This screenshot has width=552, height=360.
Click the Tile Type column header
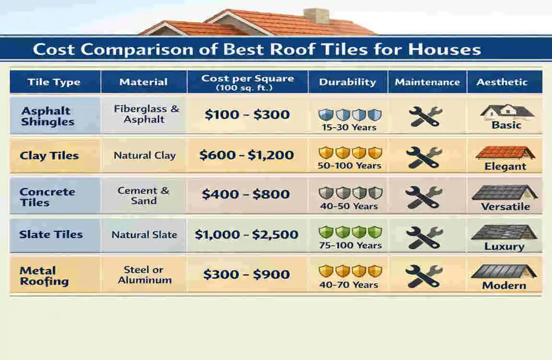(54, 82)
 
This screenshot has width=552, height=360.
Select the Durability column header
(348, 82)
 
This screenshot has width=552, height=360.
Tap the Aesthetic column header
(502, 82)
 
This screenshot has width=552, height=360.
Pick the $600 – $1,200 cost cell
(246, 155)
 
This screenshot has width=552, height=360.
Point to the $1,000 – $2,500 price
(246, 234)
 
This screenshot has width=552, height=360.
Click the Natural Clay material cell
(144, 156)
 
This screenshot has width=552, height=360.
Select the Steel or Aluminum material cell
(144, 275)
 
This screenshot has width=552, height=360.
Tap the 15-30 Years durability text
(350, 127)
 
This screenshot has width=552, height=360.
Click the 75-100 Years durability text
(350, 245)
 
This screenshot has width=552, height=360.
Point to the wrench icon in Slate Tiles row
(424, 237)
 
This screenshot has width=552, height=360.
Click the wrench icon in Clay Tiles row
(424, 157)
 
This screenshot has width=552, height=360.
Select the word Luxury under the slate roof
(504, 247)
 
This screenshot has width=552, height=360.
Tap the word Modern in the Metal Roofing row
(504, 286)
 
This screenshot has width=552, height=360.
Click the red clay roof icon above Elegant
(505, 153)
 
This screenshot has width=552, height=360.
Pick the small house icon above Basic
(506, 112)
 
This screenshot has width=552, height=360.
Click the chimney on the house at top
(316, 16)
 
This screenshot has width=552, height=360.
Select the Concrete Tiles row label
(47, 197)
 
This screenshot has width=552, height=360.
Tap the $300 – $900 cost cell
(246, 275)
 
